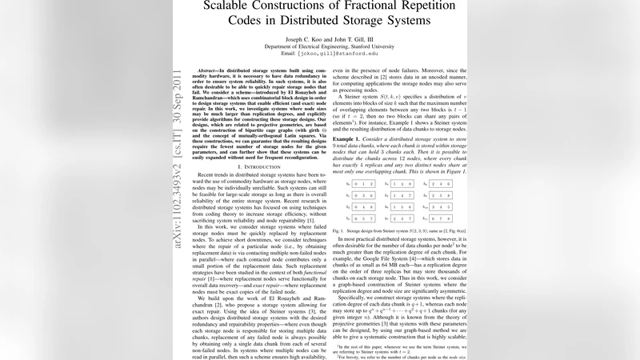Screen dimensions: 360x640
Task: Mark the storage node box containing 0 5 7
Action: [x=363, y=217]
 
